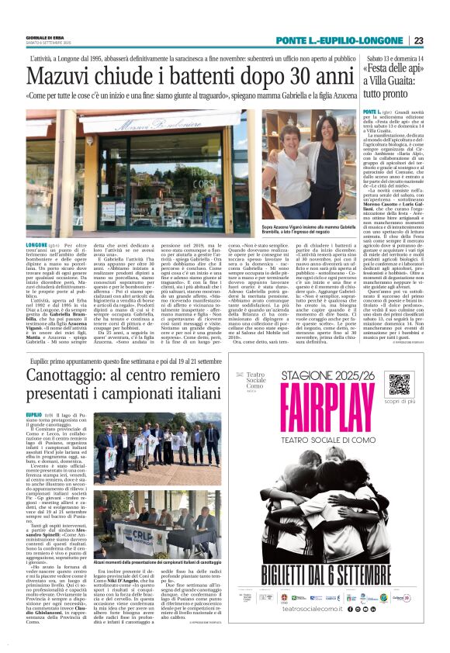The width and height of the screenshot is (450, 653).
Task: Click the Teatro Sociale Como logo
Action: [x=255, y=384]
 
